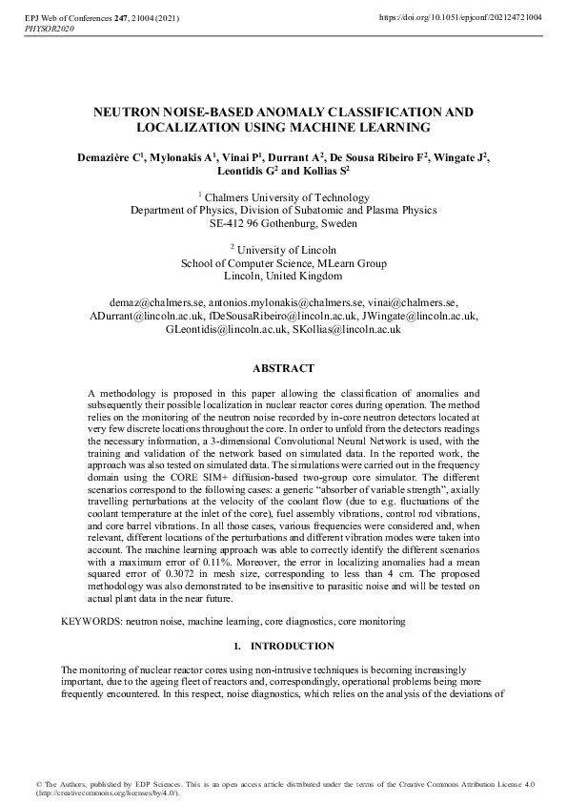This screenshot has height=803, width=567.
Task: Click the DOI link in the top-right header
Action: (x=460, y=18)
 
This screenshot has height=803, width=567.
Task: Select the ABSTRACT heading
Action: (x=283, y=368)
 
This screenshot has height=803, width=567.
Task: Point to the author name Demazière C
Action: (x=110, y=156)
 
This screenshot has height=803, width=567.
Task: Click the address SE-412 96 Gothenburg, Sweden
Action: (x=283, y=224)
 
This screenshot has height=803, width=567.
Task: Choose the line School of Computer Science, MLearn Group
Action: (x=283, y=263)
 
